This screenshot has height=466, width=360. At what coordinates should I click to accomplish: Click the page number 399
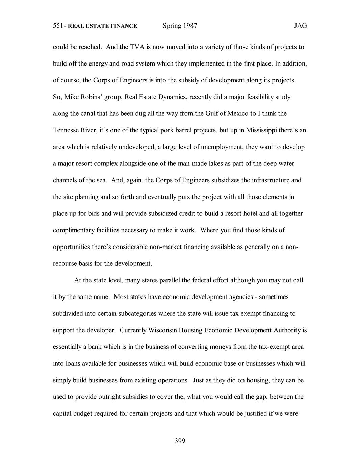(x=180, y=441)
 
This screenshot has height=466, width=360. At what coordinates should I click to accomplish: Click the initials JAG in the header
(x=300, y=26)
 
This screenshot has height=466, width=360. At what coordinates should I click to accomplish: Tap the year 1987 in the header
(x=190, y=26)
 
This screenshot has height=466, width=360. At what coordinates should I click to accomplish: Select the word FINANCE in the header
(x=124, y=26)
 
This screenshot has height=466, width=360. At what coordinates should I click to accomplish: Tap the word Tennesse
(x=66, y=130)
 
